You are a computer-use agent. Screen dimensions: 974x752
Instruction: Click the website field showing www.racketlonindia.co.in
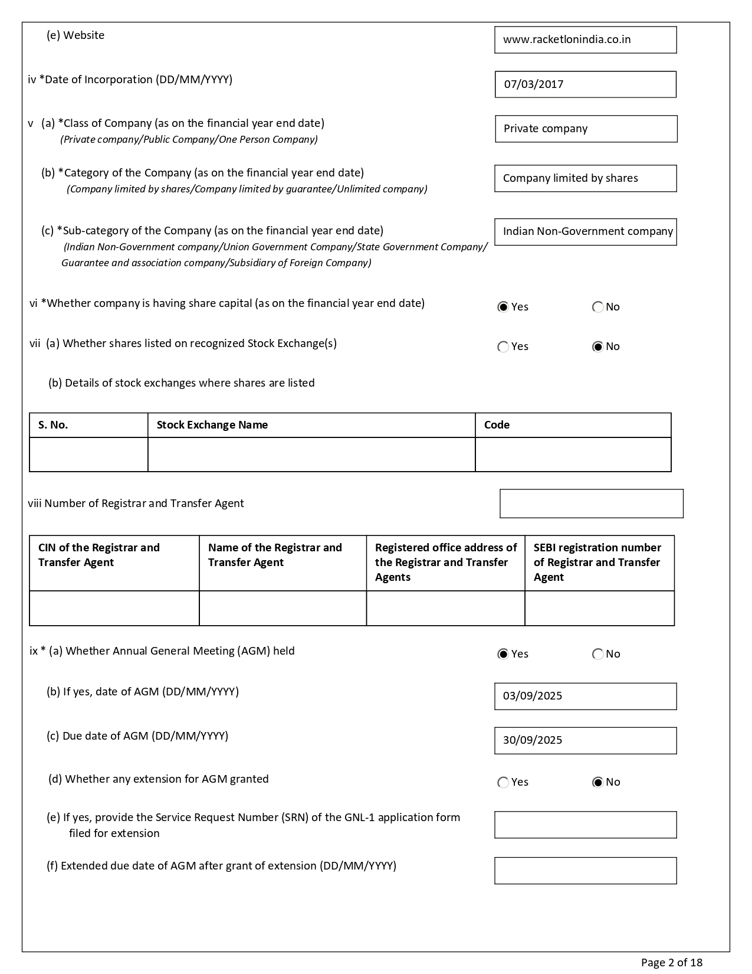[x=585, y=40]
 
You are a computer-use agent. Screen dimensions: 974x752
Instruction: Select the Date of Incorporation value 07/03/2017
[x=585, y=84]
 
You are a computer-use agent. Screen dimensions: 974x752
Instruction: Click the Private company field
[x=586, y=129]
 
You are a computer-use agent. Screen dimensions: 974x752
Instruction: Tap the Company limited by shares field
[x=585, y=178]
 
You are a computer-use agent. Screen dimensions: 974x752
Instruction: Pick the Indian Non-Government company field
[x=585, y=232]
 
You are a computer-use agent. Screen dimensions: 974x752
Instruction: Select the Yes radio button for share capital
[x=503, y=307]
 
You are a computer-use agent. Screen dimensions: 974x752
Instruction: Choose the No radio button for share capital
[x=597, y=307]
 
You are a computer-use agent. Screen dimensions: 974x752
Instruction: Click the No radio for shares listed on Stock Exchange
[x=597, y=347]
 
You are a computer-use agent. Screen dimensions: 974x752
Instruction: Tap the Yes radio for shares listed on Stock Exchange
[x=503, y=347]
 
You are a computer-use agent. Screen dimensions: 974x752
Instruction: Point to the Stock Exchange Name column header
[x=212, y=425]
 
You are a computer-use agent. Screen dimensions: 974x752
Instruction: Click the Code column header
[x=497, y=425]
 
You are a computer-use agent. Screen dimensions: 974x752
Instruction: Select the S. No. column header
[x=53, y=425]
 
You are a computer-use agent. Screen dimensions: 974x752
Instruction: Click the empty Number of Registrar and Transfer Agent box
[x=591, y=504]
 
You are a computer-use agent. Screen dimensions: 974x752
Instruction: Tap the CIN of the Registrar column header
[x=99, y=555]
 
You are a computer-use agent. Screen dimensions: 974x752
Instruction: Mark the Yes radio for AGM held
[x=503, y=654]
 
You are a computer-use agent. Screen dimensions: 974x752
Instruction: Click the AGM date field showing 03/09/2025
[x=585, y=697]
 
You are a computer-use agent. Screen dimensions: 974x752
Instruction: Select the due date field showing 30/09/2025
[x=585, y=741]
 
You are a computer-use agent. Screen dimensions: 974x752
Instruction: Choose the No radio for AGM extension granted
[x=597, y=782]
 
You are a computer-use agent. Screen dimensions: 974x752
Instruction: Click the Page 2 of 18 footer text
[x=672, y=962]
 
